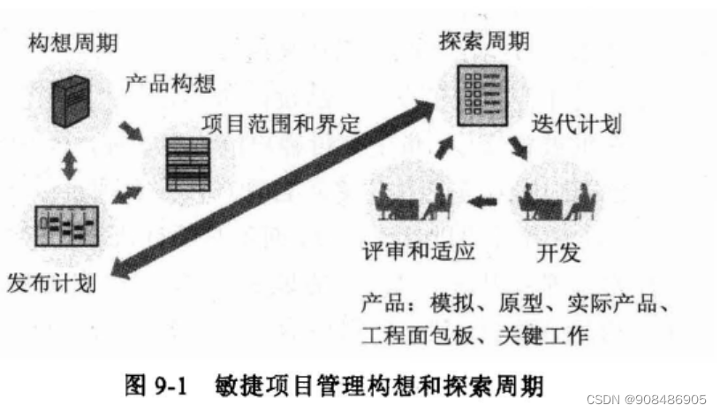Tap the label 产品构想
[170, 86]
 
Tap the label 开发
[559, 253]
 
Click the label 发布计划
[50, 284]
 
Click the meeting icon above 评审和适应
[413, 203]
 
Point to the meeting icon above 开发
[556, 203]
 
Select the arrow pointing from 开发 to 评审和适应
[482, 203]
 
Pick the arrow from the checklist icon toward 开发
[517, 146]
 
